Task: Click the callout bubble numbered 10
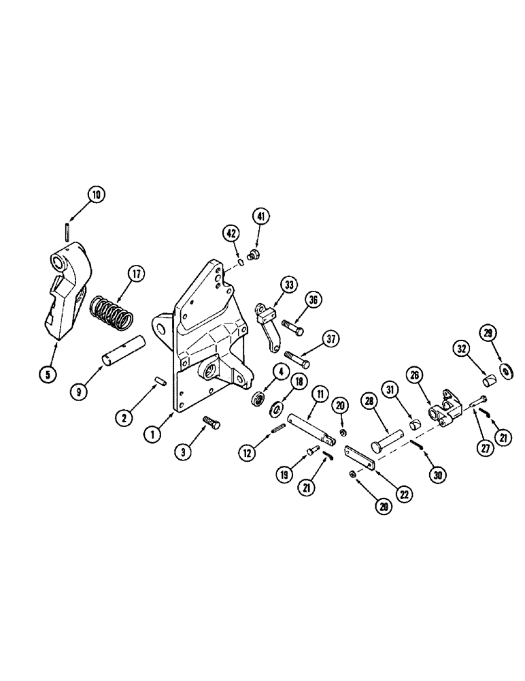(x=96, y=195)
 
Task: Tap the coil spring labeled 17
(x=112, y=313)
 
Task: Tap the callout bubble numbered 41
(x=262, y=217)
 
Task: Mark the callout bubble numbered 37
(x=330, y=338)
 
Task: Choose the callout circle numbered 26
(x=413, y=375)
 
